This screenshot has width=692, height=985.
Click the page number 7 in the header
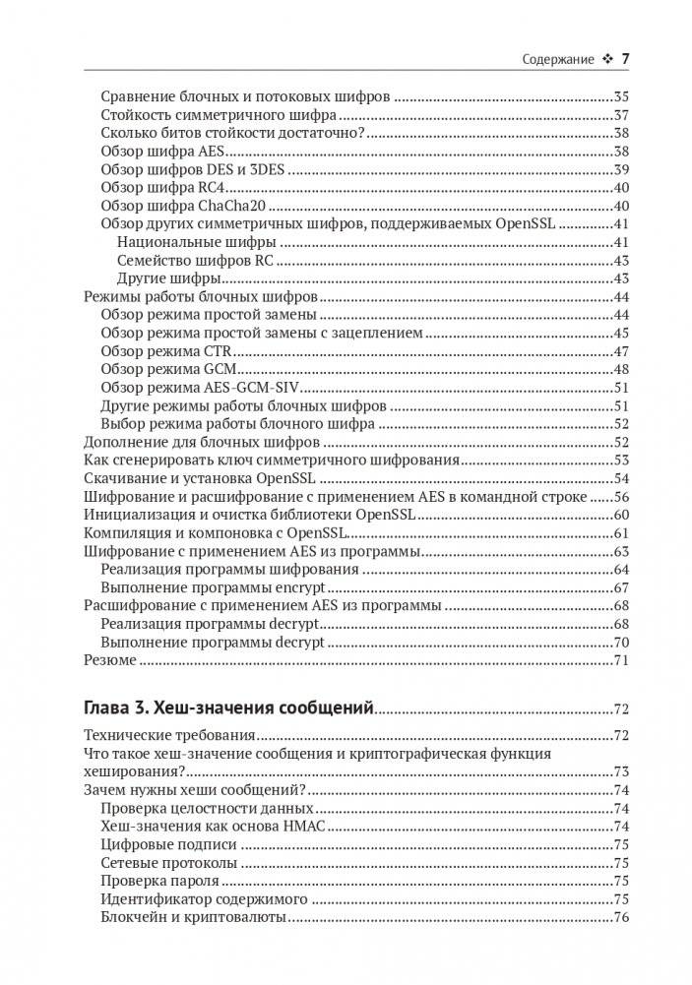click(624, 59)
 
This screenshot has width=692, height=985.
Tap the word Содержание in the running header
click(557, 60)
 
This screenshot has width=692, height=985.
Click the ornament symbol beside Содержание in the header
click(606, 60)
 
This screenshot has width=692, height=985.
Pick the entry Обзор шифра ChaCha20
click(185, 206)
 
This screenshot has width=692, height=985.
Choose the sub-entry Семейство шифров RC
click(194, 261)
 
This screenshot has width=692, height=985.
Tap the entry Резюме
click(109, 660)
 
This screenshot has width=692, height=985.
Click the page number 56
click(620, 497)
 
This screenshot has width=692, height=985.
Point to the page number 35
click(620, 97)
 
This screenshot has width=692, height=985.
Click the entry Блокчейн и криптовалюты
click(193, 917)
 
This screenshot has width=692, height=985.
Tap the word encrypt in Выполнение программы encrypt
click(303, 587)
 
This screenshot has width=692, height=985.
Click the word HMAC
click(302, 827)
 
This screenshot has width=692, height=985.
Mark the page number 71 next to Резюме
click(620, 660)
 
